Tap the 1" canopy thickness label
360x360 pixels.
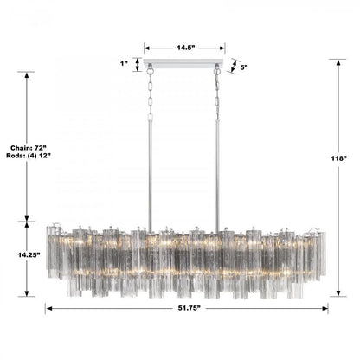click(x=125, y=62)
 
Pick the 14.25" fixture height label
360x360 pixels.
click(x=28, y=257)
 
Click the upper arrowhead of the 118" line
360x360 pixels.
click(x=337, y=61)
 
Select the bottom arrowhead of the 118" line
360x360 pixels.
click(x=337, y=295)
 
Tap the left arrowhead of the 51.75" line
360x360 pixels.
click(x=48, y=308)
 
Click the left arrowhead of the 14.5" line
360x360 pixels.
click(x=146, y=48)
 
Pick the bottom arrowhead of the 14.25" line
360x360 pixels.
click(x=29, y=294)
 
